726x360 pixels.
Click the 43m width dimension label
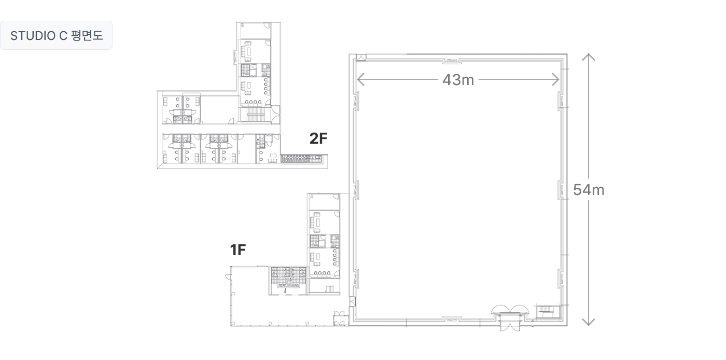point(458,80)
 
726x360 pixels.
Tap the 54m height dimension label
point(589,190)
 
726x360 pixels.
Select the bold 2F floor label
point(318,139)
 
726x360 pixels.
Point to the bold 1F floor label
point(238,250)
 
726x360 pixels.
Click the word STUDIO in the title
point(33,36)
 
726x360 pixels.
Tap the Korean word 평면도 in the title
point(87,35)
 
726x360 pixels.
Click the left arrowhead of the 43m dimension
point(360,79)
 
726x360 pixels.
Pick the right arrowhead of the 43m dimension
point(555,79)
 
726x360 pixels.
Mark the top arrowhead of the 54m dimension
point(588,57)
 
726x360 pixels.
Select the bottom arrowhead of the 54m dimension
point(588,322)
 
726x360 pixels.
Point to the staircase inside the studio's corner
point(548,312)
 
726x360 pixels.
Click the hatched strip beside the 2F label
point(301,159)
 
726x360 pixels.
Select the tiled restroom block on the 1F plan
point(288,278)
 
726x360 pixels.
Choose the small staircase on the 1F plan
point(330,289)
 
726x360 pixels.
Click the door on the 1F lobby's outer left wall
point(229,276)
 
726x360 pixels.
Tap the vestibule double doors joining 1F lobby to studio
point(339,319)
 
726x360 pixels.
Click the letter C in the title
point(63,36)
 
